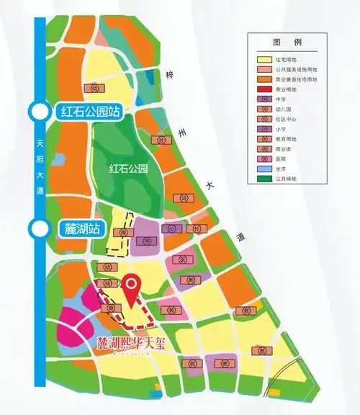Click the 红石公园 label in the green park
tap(127, 170)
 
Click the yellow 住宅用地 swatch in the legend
tap(264, 59)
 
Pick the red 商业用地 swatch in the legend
tap(264, 89)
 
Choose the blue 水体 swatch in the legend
tap(264, 169)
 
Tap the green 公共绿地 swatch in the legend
tap(264, 179)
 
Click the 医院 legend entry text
tap(281, 159)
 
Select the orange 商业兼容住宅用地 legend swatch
tap(264, 79)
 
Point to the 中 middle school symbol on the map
tap(146, 241)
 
